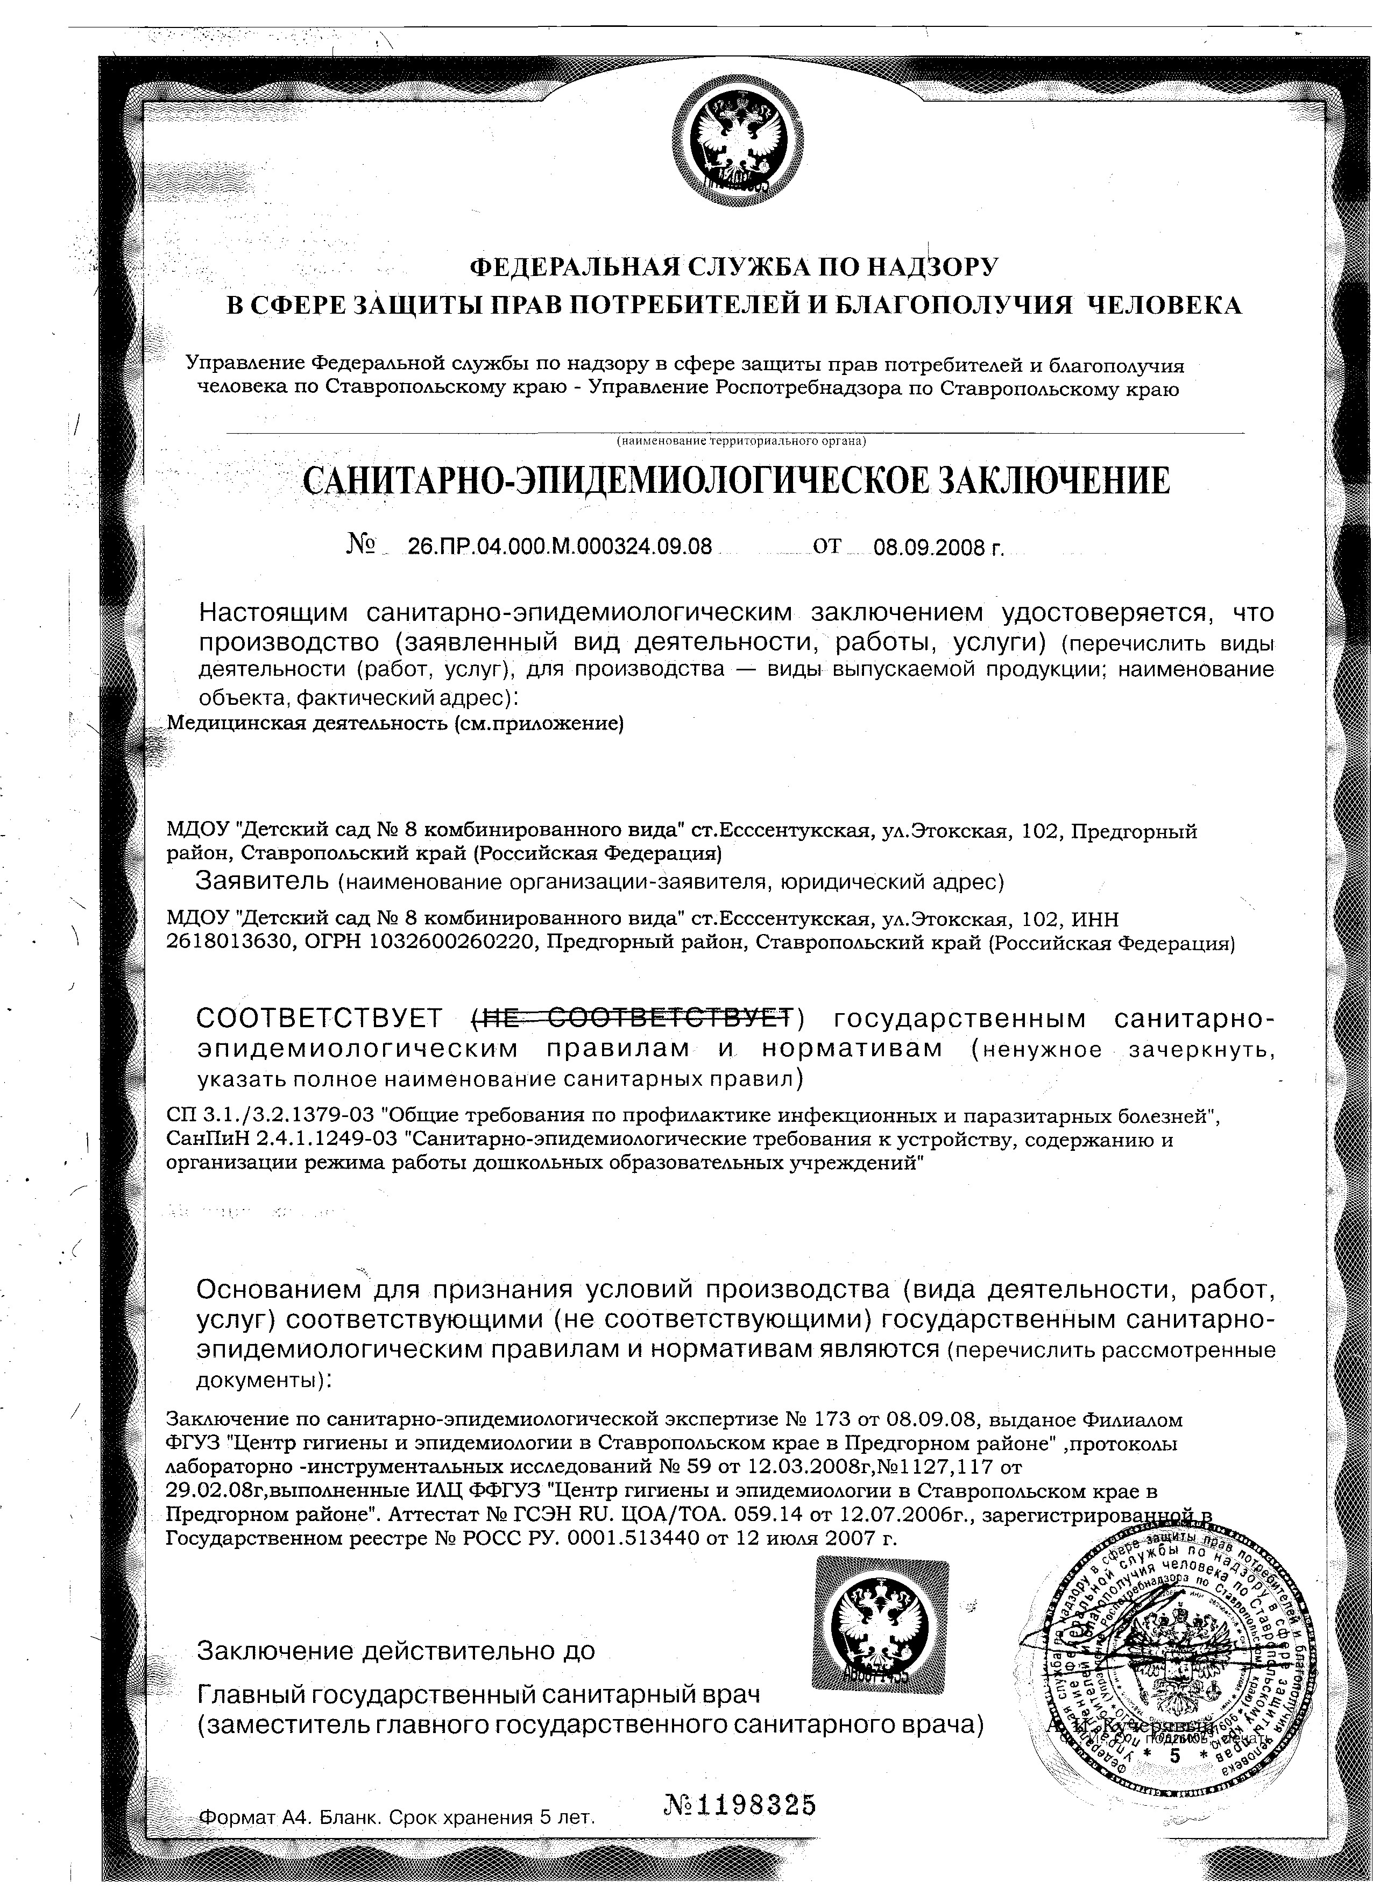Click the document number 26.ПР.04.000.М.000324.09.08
point(560,547)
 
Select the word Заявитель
point(262,879)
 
